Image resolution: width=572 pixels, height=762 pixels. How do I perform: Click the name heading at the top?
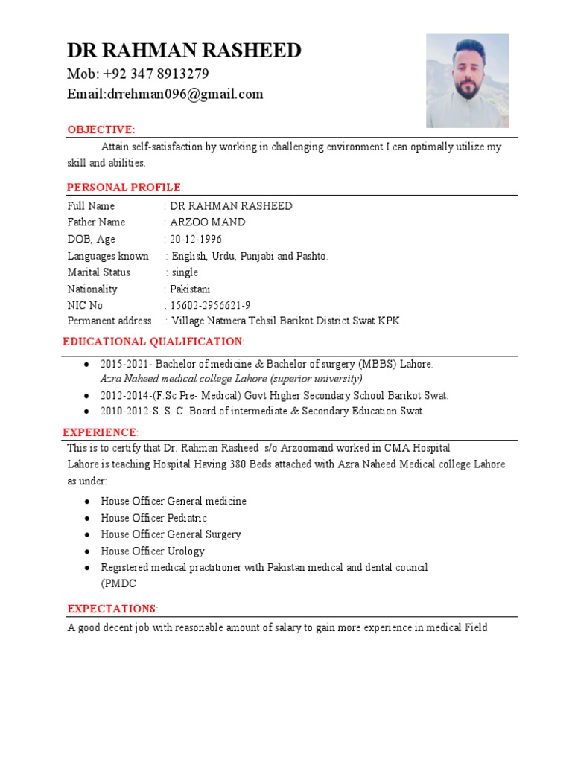pyautogui.click(x=184, y=51)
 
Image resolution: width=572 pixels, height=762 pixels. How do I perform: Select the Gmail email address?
pyautogui.click(x=165, y=94)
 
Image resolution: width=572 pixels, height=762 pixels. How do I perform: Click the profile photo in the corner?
pyautogui.click(x=467, y=80)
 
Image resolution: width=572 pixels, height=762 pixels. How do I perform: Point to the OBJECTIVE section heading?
pyautogui.click(x=101, y=130)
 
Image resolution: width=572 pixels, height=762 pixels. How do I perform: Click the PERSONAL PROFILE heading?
pyautogui.click(x=124, y=187)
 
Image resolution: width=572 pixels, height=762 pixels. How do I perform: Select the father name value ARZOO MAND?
pyautogui.click(x=208, y=222)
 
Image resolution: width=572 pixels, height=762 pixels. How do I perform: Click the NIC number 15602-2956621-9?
pyautogui.click(x=210, y=305)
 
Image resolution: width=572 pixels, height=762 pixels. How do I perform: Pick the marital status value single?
pyautogui.click(x=185, y=272)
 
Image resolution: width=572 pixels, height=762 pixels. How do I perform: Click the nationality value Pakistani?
pyautogui.click(x=191, y=289)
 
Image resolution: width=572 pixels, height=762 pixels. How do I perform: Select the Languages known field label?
pyautogui.click(x=108, y=256)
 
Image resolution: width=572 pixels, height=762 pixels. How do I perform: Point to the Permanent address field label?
pyautogui.click(x=109, y=321)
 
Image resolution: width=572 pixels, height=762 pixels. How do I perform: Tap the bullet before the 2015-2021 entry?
pyautogui.click(x=88, y=365)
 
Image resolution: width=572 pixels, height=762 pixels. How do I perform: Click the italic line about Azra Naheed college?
pyautogui.click(x=232, y=378)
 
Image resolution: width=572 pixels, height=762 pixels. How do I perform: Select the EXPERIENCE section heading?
pyautogui.click(x=99, y=432)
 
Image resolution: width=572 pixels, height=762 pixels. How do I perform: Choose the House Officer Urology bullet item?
pyautogui.click(x=153, y=551)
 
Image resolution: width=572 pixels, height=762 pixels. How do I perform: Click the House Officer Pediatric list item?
pyautogui.click(x=154, y=518)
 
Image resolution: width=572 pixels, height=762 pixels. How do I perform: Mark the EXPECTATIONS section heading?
pyautogui.click(x=111, y=609)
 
